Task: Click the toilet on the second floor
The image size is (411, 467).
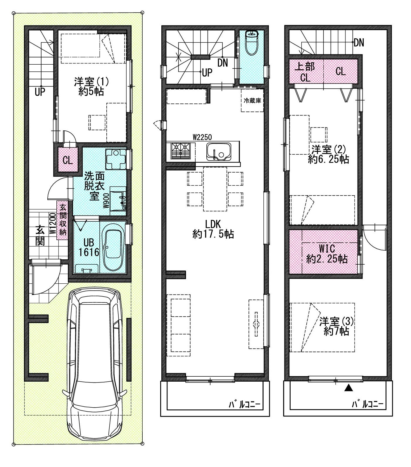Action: pyautogui.click(x=251, y=42)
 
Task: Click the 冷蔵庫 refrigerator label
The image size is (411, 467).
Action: pyautogui.click(x=252, y=101)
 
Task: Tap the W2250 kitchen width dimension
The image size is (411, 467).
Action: pyautogui.click(x=202, y=137)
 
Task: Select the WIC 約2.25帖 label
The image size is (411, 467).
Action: pyautogui.click(x=327, y=254)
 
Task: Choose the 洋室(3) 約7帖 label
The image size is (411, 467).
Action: pyautogui.click(x=336, y=326)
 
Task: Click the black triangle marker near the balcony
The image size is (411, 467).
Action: pyautogui.click(x=347, y=388)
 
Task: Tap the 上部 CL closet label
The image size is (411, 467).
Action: pyautogui.click(x=305, y=72)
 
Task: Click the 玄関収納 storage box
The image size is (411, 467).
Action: pyautogui.click(x=62, y=220)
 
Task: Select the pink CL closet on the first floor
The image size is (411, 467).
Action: pyautogui.click(x=68, y=160)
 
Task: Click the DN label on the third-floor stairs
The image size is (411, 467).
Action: pyautogui.click(x=359, y=43)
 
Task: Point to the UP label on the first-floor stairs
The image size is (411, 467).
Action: pyautogui.click(x=40, y=92)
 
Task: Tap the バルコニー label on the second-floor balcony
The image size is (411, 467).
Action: pyautogui.click(x=244, y=405)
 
